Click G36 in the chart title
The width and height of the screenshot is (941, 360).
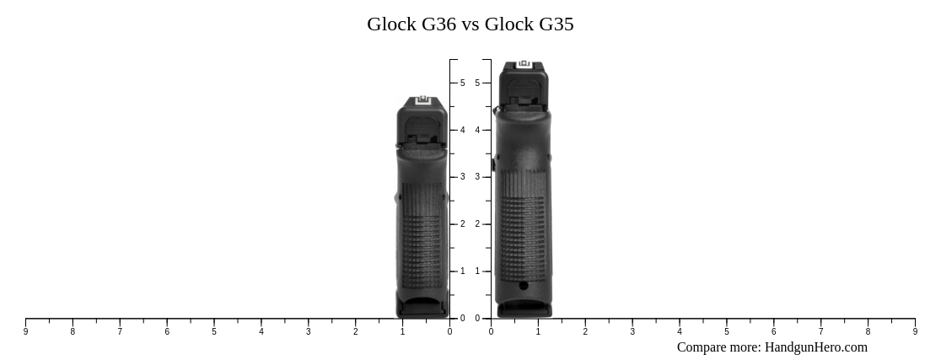click(x=438, y=24)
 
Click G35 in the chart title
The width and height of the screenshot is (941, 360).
click(x=556, y=24)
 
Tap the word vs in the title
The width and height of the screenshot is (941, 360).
click(x=470, y=24)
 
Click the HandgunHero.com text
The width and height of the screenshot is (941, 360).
click(x=815, y=347)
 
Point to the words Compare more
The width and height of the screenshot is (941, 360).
click(x=718, y=347)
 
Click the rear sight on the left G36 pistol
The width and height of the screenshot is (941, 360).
click(x=422, y=100)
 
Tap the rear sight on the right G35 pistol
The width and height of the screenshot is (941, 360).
click(x=524, y=64)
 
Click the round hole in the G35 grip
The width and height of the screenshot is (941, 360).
click(x=524, y=286)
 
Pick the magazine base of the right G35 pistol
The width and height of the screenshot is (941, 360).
click(x=524, y=309)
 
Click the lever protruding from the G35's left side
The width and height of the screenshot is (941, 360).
click(x=493, y=164)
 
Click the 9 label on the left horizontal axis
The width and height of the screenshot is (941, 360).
click(x=25, y=332)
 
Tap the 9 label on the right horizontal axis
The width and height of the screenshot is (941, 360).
click(x=915, y=332)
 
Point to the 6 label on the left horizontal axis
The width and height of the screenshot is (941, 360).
click(x=167, y=332)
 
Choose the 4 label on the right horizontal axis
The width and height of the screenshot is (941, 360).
click(x=680, y=332)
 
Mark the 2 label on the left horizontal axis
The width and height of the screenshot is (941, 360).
click(x=355, y=332)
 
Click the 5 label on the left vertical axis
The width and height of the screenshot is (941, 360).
click(x=462, y=83)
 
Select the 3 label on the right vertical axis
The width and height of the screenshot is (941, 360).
click(x=477, y=177)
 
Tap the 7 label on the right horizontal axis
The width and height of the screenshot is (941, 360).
click(x=820, y=332)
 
